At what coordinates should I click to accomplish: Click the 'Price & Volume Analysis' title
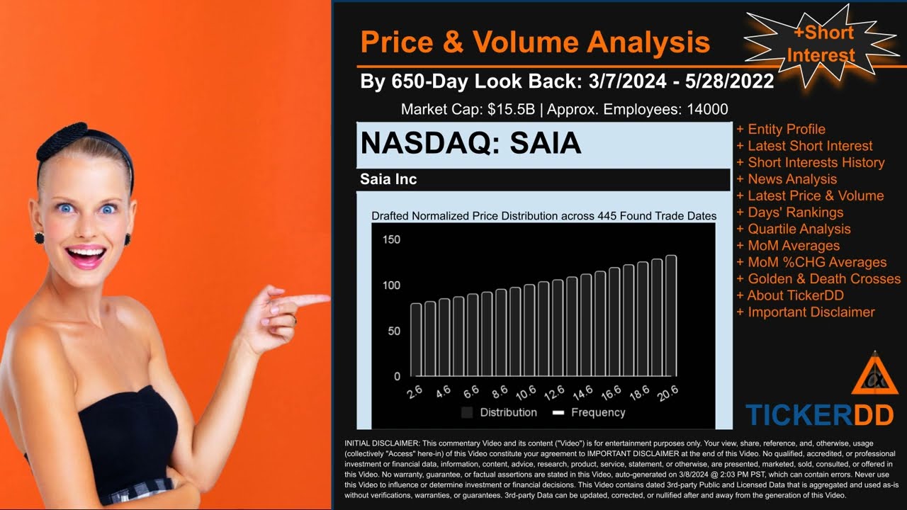[x=535, y=42]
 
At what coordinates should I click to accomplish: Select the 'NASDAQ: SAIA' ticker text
[x=471, y=144]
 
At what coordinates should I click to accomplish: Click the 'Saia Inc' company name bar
[x=388, y=179]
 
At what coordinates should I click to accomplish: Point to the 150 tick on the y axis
[x=391, y=239]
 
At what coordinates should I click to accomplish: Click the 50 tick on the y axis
[x=394, y=331]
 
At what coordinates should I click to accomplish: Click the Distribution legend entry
[x=500, y=412]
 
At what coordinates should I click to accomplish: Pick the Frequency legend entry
[x=589, y=412]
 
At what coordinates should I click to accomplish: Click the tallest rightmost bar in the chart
[x=670, y=315]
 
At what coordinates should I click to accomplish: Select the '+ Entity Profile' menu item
[x=781, y=129]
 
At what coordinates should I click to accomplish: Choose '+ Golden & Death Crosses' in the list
[x=818, y=278]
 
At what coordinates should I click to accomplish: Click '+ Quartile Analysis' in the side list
[x=794, y=229]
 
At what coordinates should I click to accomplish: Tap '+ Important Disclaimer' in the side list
[x=806, y=312]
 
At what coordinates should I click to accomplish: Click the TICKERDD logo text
[x=819, y=415]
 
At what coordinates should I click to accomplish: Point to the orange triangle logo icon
[x=874, y=375]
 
